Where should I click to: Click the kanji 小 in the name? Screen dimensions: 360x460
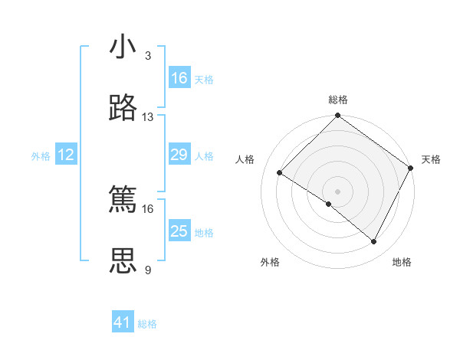click(123, 47)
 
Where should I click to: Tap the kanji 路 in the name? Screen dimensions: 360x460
click(123, 109)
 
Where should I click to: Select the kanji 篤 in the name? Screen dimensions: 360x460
click(123, 200)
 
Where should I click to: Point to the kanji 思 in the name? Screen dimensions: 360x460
click(123, 261)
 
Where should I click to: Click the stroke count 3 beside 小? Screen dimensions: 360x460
click(148, 56)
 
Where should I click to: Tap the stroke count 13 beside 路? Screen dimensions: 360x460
click(148, 117)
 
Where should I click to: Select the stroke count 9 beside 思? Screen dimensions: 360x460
click(148, 270)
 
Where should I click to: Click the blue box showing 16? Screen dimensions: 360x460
click(179, 78)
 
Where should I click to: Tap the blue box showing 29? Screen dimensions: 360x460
click(179, 155)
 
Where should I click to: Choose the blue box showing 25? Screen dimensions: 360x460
click(179, 231)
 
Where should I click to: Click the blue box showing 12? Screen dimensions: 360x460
click(66, 155)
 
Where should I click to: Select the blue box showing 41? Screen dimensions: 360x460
click(123, 322)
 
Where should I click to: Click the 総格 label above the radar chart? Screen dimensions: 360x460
click(338, 100)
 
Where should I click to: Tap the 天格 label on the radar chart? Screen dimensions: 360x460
click(431, 159)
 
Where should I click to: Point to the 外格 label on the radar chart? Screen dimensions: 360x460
click(270, 262)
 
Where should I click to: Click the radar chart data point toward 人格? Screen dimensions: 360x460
click(280, 172)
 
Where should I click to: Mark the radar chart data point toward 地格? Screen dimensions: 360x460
click(374, 242)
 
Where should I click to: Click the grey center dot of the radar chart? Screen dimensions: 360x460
click(338, 191)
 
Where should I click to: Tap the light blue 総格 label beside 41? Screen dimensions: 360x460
click(147, 324)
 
